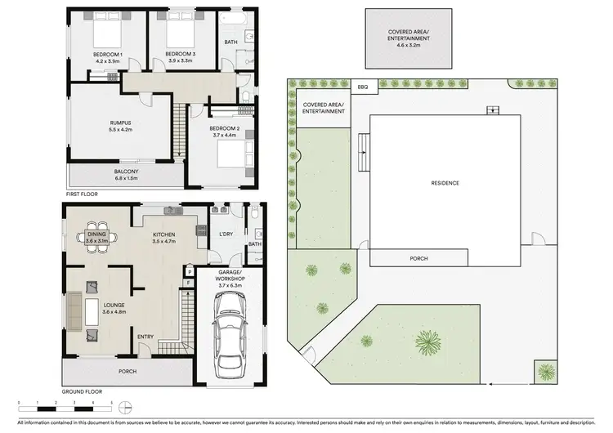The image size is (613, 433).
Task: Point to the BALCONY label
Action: point(125,171)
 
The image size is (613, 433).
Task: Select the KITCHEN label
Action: point(164,234)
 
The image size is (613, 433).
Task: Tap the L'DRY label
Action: point(226,235)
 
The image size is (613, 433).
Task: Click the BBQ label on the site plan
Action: point(363,86)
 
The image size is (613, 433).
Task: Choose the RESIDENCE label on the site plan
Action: point(445,183)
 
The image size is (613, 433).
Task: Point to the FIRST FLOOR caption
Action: point(83,194)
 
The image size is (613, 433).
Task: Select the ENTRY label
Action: point(146,337)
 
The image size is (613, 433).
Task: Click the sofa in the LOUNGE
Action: point(74,310)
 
